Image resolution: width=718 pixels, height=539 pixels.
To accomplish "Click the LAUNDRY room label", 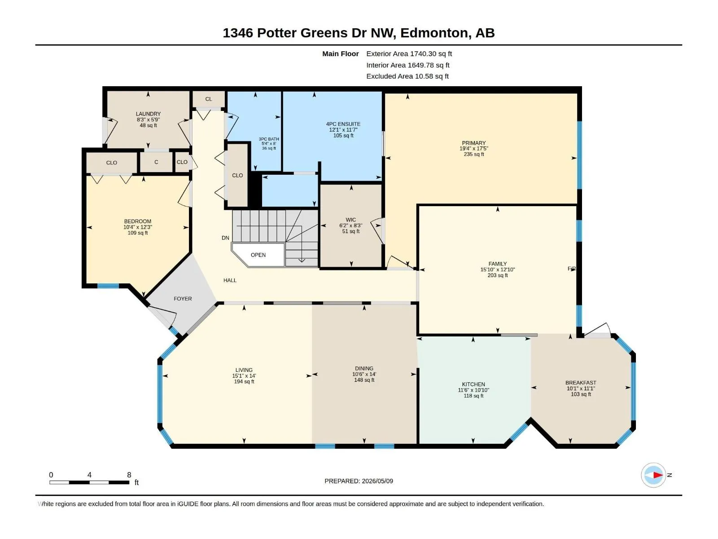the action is coord(148,114).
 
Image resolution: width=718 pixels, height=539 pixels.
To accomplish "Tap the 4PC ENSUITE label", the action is coord(343,124).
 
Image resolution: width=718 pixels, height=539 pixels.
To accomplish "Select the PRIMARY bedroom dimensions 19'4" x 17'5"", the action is coord(473,149).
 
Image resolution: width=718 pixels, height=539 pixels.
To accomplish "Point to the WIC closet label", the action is coord(350,220).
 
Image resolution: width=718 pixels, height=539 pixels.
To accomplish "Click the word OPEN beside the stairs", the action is coord(258,255).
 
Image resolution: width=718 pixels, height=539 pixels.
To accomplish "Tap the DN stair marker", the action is coord(225,238).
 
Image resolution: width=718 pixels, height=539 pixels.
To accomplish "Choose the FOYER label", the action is coord(183,299).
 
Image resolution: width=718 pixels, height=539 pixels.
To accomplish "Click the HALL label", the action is coord(230,280).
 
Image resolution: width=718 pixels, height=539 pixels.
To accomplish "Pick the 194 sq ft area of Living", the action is coord(244,382).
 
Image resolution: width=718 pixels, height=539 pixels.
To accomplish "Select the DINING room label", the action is coord(364,368).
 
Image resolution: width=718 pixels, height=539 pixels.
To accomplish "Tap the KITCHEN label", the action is coord(473,384).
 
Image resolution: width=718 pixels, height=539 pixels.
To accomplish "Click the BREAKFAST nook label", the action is coord(581,383).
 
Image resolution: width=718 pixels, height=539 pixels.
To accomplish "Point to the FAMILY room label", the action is coord(498,264).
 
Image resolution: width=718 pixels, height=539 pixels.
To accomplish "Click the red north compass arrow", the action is coord(658,475).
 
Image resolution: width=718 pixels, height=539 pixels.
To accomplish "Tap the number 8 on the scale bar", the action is coord(129,475).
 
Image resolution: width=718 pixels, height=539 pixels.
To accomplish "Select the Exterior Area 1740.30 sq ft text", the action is coord(409,53).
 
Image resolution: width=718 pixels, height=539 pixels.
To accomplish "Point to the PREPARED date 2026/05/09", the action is coord(377,481).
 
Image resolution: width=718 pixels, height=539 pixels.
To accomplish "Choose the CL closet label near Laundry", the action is coord(208,99).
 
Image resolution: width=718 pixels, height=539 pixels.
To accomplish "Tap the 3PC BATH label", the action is coord(269,139).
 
